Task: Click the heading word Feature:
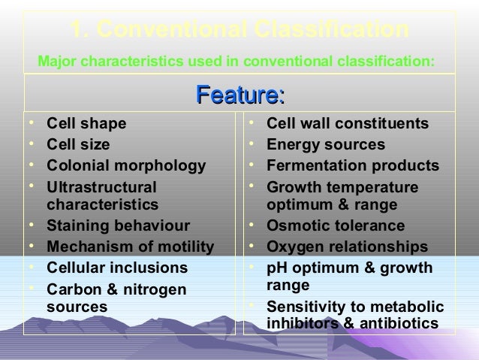tap(239, 95)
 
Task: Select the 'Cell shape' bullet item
tap(86, 123)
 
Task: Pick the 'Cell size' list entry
tap(77, 144)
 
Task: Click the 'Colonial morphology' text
tap(125, 165)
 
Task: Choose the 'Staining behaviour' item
tap(118, 226)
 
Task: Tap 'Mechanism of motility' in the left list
tap(130, 247)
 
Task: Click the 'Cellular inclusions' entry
tap(117, 268)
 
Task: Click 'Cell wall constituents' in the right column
tap(348, 123)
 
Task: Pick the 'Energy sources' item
tap(326, 144)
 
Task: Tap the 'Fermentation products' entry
tap(353, 165)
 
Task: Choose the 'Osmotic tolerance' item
tap(336, 226)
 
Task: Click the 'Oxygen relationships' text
tap(347, 247)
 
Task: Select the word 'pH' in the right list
tap(277, 268)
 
